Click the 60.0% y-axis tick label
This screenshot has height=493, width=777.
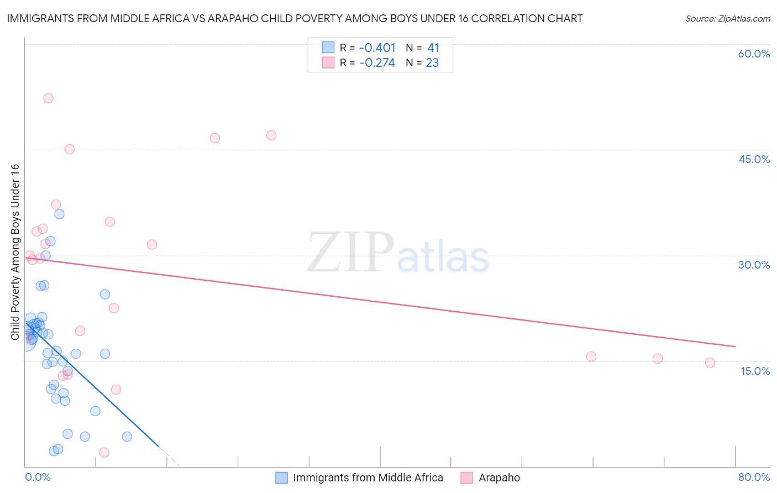click(754, 54)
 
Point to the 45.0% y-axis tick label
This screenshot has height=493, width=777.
click(754, 159)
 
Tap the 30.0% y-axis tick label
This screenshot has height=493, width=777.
click(754, 265)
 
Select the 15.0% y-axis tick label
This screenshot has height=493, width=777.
click(755, 370)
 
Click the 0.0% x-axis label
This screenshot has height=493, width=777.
click(38, 477)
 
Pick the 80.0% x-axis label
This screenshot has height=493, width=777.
click(754, 477)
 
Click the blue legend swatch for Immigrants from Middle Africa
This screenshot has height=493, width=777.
click(281, 478)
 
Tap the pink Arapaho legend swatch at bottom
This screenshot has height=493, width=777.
click(467, 478)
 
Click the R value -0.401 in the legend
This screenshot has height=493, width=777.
click(377, 48)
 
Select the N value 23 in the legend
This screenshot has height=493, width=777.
click(432, 63)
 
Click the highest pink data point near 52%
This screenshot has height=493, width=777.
click(48, 98)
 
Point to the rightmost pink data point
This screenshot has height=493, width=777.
click(710, 363)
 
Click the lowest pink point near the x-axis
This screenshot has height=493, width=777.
click(104, 453)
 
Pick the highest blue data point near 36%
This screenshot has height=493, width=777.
click(59, 214)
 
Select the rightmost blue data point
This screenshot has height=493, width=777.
click(127, 437)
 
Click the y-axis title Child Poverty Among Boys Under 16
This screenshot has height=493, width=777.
click(15, 252)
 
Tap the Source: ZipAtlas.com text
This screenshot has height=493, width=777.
click(727, 19)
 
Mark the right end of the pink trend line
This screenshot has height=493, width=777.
click(735, 347)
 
